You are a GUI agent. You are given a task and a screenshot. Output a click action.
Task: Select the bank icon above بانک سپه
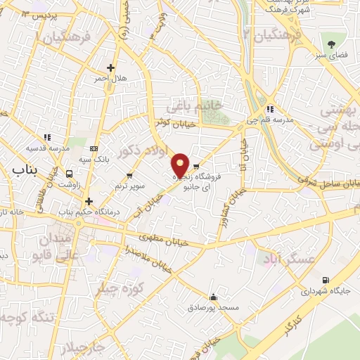point(94,148)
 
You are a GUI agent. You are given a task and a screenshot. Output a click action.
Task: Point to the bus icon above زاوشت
point(69,173)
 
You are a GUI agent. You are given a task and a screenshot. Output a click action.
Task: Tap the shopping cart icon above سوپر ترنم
point(129,175)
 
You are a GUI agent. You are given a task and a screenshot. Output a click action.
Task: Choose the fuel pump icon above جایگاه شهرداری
point(324,280)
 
